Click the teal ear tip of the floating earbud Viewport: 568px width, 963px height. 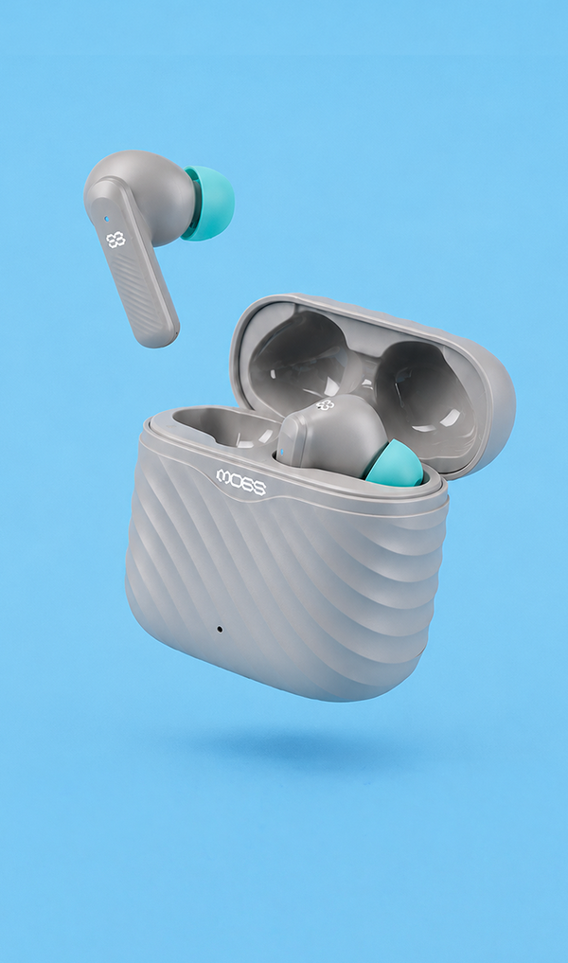point(211,203)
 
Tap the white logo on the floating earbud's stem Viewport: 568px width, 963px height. point(115,240)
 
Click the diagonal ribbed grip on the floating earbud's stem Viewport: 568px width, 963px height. point(142,289)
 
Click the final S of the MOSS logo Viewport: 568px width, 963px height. point(259,489)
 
